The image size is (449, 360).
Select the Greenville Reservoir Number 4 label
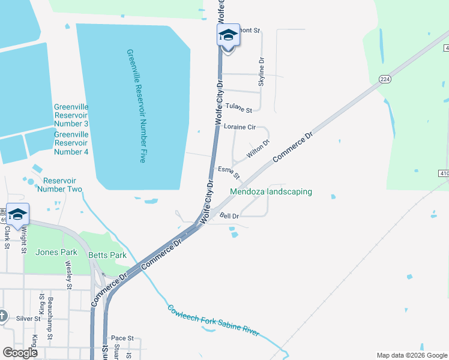tap(71, 143)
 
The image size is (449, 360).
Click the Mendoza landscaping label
tap(271, 192)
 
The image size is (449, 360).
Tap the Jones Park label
tap(53, 252)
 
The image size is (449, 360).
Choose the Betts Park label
tap(107, 255)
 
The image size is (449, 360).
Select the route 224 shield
tap(385, 79)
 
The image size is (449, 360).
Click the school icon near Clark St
tap(17, 214)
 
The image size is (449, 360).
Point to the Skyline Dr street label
tap(261, 72)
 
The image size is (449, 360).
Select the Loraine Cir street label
tap(240, 127)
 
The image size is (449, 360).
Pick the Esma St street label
tap(229, 173)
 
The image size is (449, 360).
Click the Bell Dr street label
tap(229, 215)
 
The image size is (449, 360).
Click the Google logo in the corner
tap(20, 352)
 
